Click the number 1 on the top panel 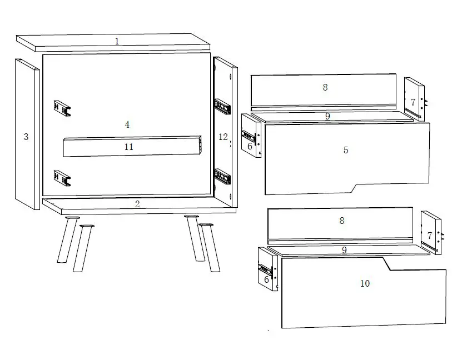pos(117,41)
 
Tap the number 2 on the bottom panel pos(137,204)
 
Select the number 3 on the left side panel pos(26,137)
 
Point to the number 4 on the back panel pos(127,124)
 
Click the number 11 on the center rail pos(129,147)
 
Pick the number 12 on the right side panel pos(223,137)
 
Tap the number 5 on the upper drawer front pos(346,150)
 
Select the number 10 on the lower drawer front pos(365,283)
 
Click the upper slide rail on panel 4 pos(62,108)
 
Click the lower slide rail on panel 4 pos(62,177)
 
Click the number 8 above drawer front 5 pos(325,87)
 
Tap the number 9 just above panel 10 pos(344,250)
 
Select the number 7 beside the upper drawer pos(413,102)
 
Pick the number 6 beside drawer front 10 pos(266,279)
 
